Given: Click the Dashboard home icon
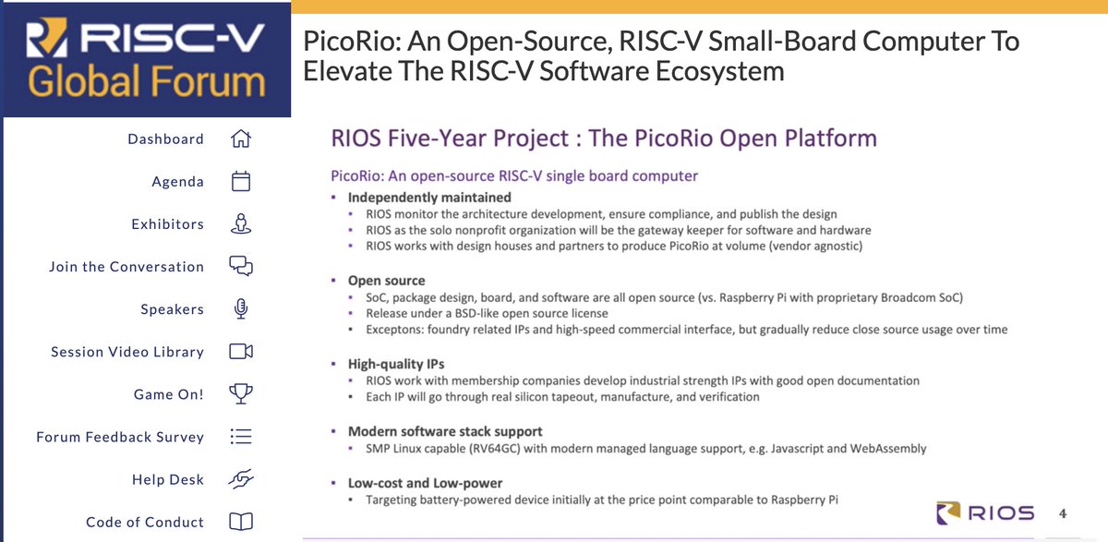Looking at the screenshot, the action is click(x=241, y=139).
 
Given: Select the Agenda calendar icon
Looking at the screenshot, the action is click(x=241, y=181).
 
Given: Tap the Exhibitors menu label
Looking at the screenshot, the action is click(x=168, y=224).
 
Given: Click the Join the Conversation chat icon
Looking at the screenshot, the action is click(x=241, y=266).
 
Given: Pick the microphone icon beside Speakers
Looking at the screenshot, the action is click(x=241, y=308).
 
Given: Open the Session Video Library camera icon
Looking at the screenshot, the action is click(x=241, y=351).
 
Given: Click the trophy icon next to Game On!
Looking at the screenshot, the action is click(x=241, y=393).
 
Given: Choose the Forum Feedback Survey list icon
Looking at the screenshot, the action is click(x=241, y=436).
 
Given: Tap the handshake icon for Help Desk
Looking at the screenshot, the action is click(x=241, y=478).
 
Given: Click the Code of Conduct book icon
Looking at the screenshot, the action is click(x=241, y=522).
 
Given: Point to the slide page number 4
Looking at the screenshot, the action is click(x=1063, y=513).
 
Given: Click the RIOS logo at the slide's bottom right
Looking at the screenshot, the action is click(x=985, y=512).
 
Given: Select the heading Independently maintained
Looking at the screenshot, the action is click(x=429, y=198).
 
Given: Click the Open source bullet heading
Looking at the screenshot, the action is click(x=386, y=281).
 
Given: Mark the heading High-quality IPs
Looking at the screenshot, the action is click(x=396, y=364).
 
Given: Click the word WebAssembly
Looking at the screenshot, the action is click(x=888, y=448).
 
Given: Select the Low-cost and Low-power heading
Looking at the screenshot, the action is click(x=425, y=483).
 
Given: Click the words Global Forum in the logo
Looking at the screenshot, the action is click(x=147, y=81).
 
